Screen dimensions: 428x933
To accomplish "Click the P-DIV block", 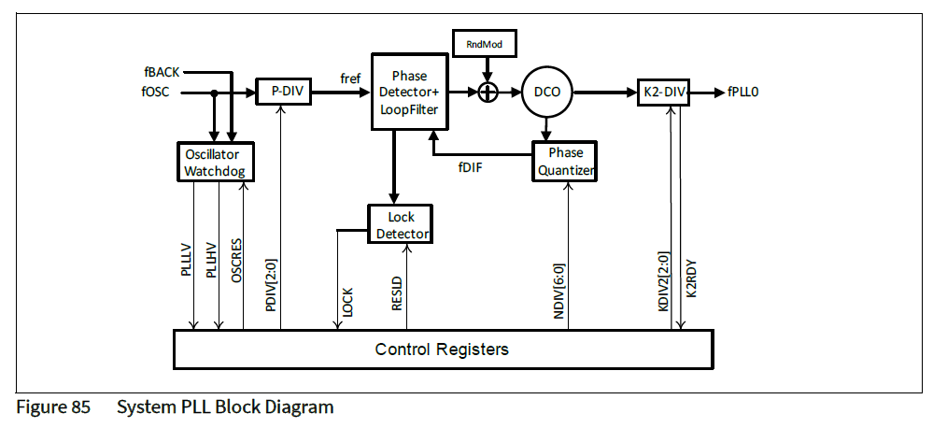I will coord(284,92).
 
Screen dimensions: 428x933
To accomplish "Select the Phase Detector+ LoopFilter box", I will coord(409,92).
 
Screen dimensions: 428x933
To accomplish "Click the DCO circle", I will coord(547,93).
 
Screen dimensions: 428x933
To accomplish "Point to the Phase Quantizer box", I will coord(565,161).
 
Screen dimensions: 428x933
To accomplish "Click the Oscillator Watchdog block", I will coord(216,161).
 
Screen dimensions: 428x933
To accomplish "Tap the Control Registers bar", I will coord(442,350).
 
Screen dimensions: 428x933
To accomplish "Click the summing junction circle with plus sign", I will coord(488,92).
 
